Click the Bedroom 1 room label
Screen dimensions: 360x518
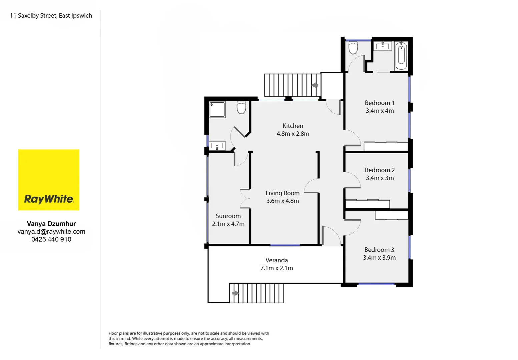click(x=379, y=103)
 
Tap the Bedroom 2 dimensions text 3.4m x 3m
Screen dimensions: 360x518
click(x=380, y=178)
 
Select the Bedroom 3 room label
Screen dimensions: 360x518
click(x=379, y=250)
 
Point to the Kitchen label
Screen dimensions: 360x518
click(x=293, y=126)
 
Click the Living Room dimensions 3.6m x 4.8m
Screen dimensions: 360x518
click(x=282, y=201)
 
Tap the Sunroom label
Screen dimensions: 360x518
click(x=228, y=216)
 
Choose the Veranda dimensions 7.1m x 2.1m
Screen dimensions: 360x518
click(x=277, y=268)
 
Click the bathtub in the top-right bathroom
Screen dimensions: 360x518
click(x=401, y=55)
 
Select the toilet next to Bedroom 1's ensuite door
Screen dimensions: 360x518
click(x=353, y=48)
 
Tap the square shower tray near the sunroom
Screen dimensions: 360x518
click(x=217, y=109)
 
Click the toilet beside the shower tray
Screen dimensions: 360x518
click(x=241, y=108)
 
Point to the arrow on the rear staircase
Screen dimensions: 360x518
click(x=315, y=85)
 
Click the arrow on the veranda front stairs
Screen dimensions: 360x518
click(x=236, y=293)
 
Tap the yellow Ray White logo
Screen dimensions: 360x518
click(x=49, y=180)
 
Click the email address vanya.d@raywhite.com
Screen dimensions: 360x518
click(x=51, y=232)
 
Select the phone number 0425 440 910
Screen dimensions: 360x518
click(x=51, y=239)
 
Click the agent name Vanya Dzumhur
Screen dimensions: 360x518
click(x=51, y=224)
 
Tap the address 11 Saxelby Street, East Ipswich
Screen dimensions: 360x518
click(x=51, y=16)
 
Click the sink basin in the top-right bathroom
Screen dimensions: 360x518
click(x=383, y=46)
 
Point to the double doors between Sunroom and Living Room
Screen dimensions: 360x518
click(x=245, y=199)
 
